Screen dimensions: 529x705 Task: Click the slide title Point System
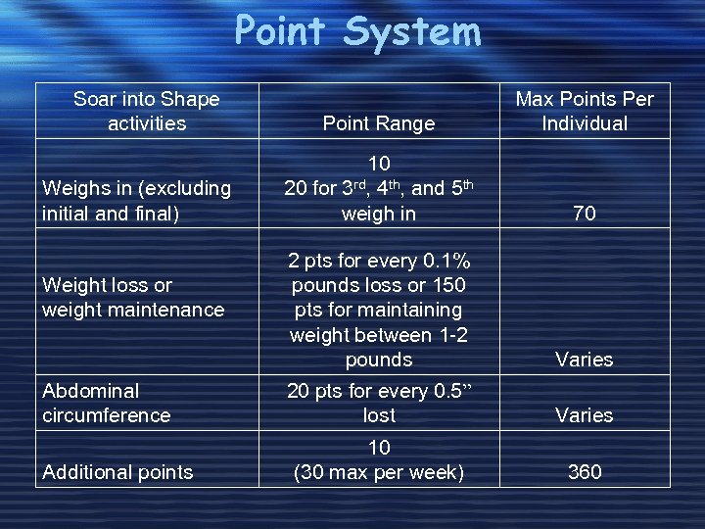[x=357, y=31]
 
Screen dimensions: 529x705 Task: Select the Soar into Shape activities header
[x=147, y=111]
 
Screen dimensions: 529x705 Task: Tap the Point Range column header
[x=379, y=123]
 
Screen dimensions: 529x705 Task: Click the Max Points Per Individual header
[x=585, y=111]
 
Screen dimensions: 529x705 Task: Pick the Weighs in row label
[x=136, y=200]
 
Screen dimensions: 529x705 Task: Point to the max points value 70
[x=585, y=213]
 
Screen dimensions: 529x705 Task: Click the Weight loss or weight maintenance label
[x=133, y=297]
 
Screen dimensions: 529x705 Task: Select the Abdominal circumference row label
[x=107, y=403]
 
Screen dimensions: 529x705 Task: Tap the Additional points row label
[x=117, y=472]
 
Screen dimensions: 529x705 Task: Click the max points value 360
[x=585, y=472]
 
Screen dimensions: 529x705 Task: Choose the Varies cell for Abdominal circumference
[x=585, y=415]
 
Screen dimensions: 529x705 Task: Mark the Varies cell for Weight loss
[x=585, y=360]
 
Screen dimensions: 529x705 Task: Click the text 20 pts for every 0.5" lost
[x=379, y=403]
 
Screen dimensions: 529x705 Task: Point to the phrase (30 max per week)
[x=379, y=472]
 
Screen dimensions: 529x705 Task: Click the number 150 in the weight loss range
[x=447, y=285]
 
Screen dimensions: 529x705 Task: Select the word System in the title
[x=412, y=31]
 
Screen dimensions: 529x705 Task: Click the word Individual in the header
[x=585, y=123]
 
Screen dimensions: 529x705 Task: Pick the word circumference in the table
[x=107, y=415]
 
